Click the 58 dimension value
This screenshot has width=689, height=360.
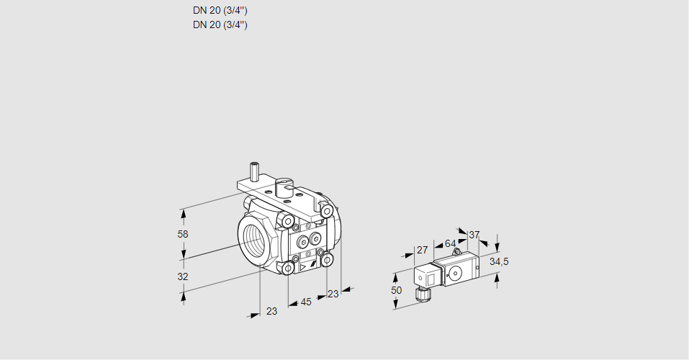coord(182,234)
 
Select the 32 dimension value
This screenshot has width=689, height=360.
coord(182,276)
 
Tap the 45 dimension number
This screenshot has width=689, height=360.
coord(305,302)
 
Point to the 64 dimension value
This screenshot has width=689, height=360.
coord(450,243)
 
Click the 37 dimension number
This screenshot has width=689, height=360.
coord(474,235)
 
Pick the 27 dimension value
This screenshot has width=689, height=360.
coord(423,250)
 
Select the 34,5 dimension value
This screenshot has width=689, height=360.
coord(499,261)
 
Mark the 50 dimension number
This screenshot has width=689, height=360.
coord(397,289)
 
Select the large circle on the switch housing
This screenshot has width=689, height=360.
coord(455,273)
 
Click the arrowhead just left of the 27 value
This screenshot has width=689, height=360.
coord(408,257)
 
